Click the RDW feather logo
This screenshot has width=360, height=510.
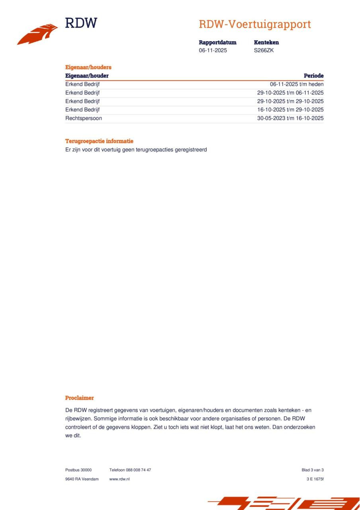pyautogui.click(x=38, y=34)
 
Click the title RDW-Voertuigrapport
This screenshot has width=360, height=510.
pyautogui.click(x=255, y=24)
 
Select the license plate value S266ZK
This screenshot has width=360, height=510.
pyautogui.click(x=264, y=51)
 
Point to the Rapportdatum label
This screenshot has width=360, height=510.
pyautogui.click(x=217, y=42)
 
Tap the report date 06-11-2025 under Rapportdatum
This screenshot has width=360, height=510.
pyautogui.click(x=213, y=51)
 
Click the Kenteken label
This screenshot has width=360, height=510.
pyautogui.click(x=266, y=42)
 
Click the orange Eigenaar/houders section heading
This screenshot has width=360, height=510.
pyautogui.click(x=88, y=67)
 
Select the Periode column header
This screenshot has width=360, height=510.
pyautogui.click(x=313, y=76)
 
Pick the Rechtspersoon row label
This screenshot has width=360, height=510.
pyautogui.click(x=83, y=118)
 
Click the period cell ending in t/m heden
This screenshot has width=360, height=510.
pyautogui.click(x=297, y=84)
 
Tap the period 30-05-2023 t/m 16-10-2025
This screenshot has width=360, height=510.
pyautogui.click(x=290, y=118)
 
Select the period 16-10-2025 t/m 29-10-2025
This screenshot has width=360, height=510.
pyautogui.click(x=290, y=110)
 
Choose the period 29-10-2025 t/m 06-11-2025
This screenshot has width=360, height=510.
pyautogui.click(x=290, y=93)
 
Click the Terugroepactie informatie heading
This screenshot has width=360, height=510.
pyautogui.click(x=99, y=141)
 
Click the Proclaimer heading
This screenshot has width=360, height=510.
pyautogui.click(x=79, y=398)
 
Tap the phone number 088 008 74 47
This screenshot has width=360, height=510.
pyautogui.click(x=138, y=470)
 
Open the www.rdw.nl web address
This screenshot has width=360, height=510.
pyautogui.click(x=119, y=479)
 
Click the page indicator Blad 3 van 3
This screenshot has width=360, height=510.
pyautogui.click(x=313, y=470)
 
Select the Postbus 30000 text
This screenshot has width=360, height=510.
pyautogui.click(x=78, y=470)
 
